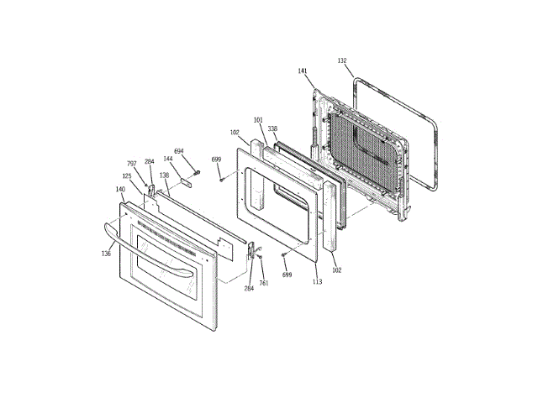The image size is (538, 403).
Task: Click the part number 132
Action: (342, 61)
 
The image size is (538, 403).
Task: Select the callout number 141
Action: (303, 72)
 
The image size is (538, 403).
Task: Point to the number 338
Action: (272, 128)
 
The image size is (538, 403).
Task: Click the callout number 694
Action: (178, 151)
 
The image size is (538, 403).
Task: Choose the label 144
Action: (168, 158)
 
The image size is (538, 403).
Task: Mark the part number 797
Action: (131, 164)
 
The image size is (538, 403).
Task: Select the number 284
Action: (149, 162)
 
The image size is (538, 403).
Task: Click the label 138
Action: (165, 175)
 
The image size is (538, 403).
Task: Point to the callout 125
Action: (126, 175)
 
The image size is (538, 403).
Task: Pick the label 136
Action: (106, 253)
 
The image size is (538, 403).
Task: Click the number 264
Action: (249, 288)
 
